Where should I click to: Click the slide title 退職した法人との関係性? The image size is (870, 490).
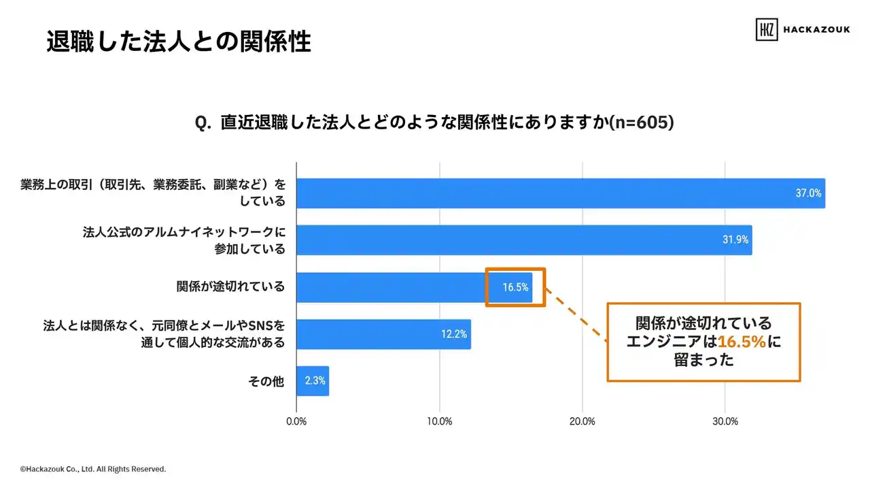tap(179, 42)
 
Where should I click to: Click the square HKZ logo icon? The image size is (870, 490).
tap(767, 29)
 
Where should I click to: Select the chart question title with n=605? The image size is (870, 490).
tap(434, 122)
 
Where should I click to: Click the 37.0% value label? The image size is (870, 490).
tap(808, 193)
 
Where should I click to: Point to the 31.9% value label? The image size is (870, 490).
tap(735, 240)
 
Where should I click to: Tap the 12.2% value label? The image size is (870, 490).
tap(454, 334)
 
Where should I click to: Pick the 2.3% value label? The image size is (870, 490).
tap(315, 381)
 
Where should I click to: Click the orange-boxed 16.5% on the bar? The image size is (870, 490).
tap(515, 287)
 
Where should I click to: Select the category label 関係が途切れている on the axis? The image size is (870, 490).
tap(230, 287)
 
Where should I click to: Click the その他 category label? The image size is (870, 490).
tap(266, 381)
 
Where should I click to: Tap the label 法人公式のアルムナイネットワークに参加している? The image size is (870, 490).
tap(183, 240)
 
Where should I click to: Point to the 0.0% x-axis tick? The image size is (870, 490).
tap(296, 421)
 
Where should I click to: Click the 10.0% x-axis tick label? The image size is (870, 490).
tap(440, 421)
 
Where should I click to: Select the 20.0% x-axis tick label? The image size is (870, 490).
tap(582, 421)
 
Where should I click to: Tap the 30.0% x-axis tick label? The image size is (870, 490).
tap(725, 421)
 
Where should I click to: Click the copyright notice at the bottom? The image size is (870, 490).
tap(92, 469)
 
